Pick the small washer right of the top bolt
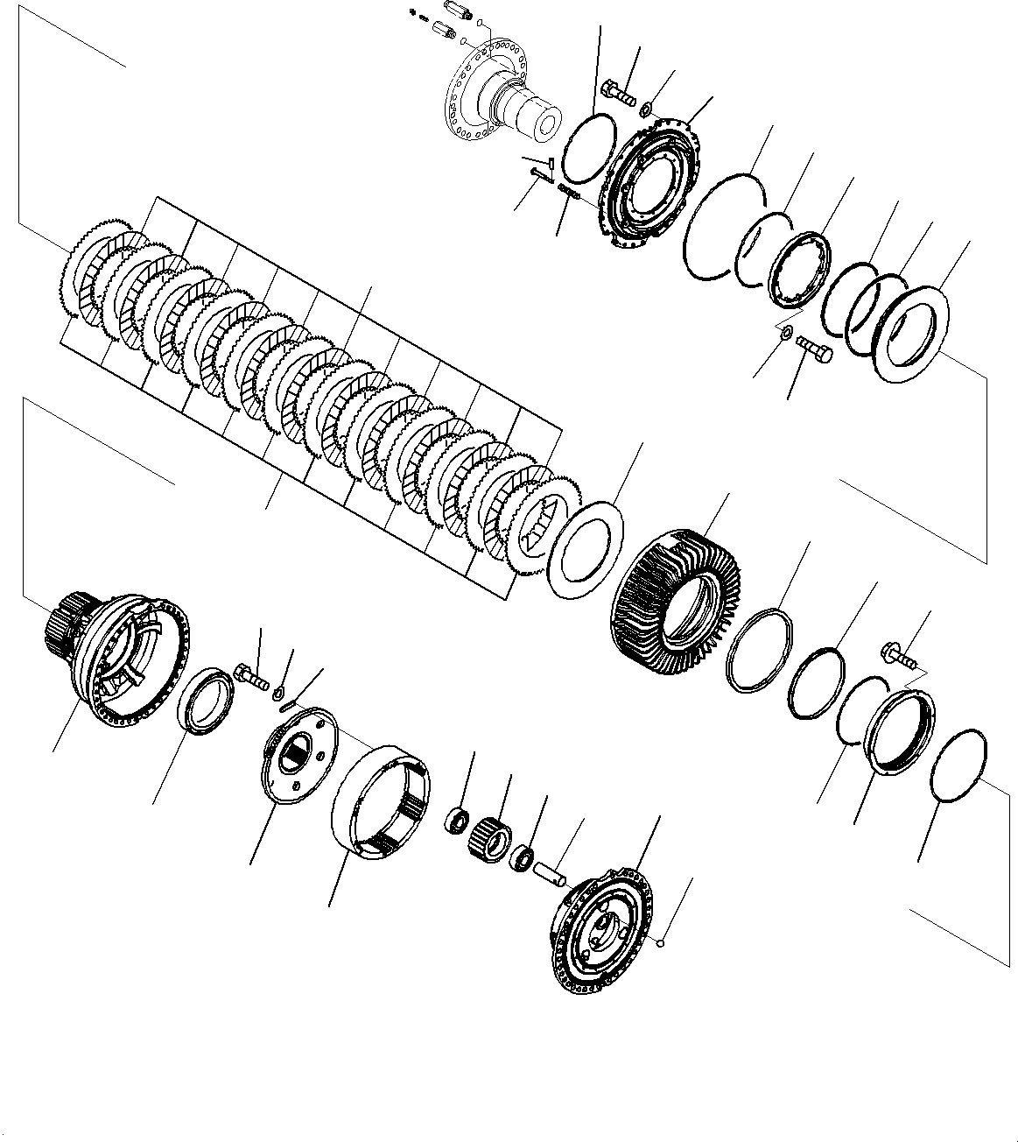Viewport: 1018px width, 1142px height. pos(645,109)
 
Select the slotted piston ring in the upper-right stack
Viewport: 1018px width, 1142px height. pos(798,271)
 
